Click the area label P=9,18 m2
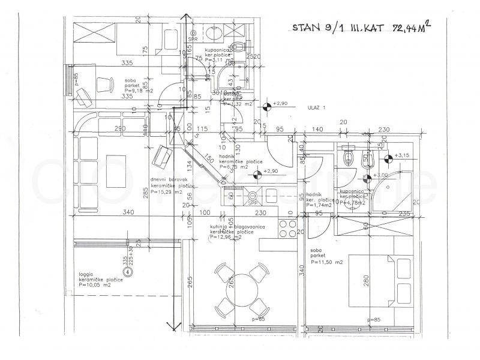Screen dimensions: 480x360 139,90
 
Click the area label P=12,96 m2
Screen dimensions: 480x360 226,237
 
